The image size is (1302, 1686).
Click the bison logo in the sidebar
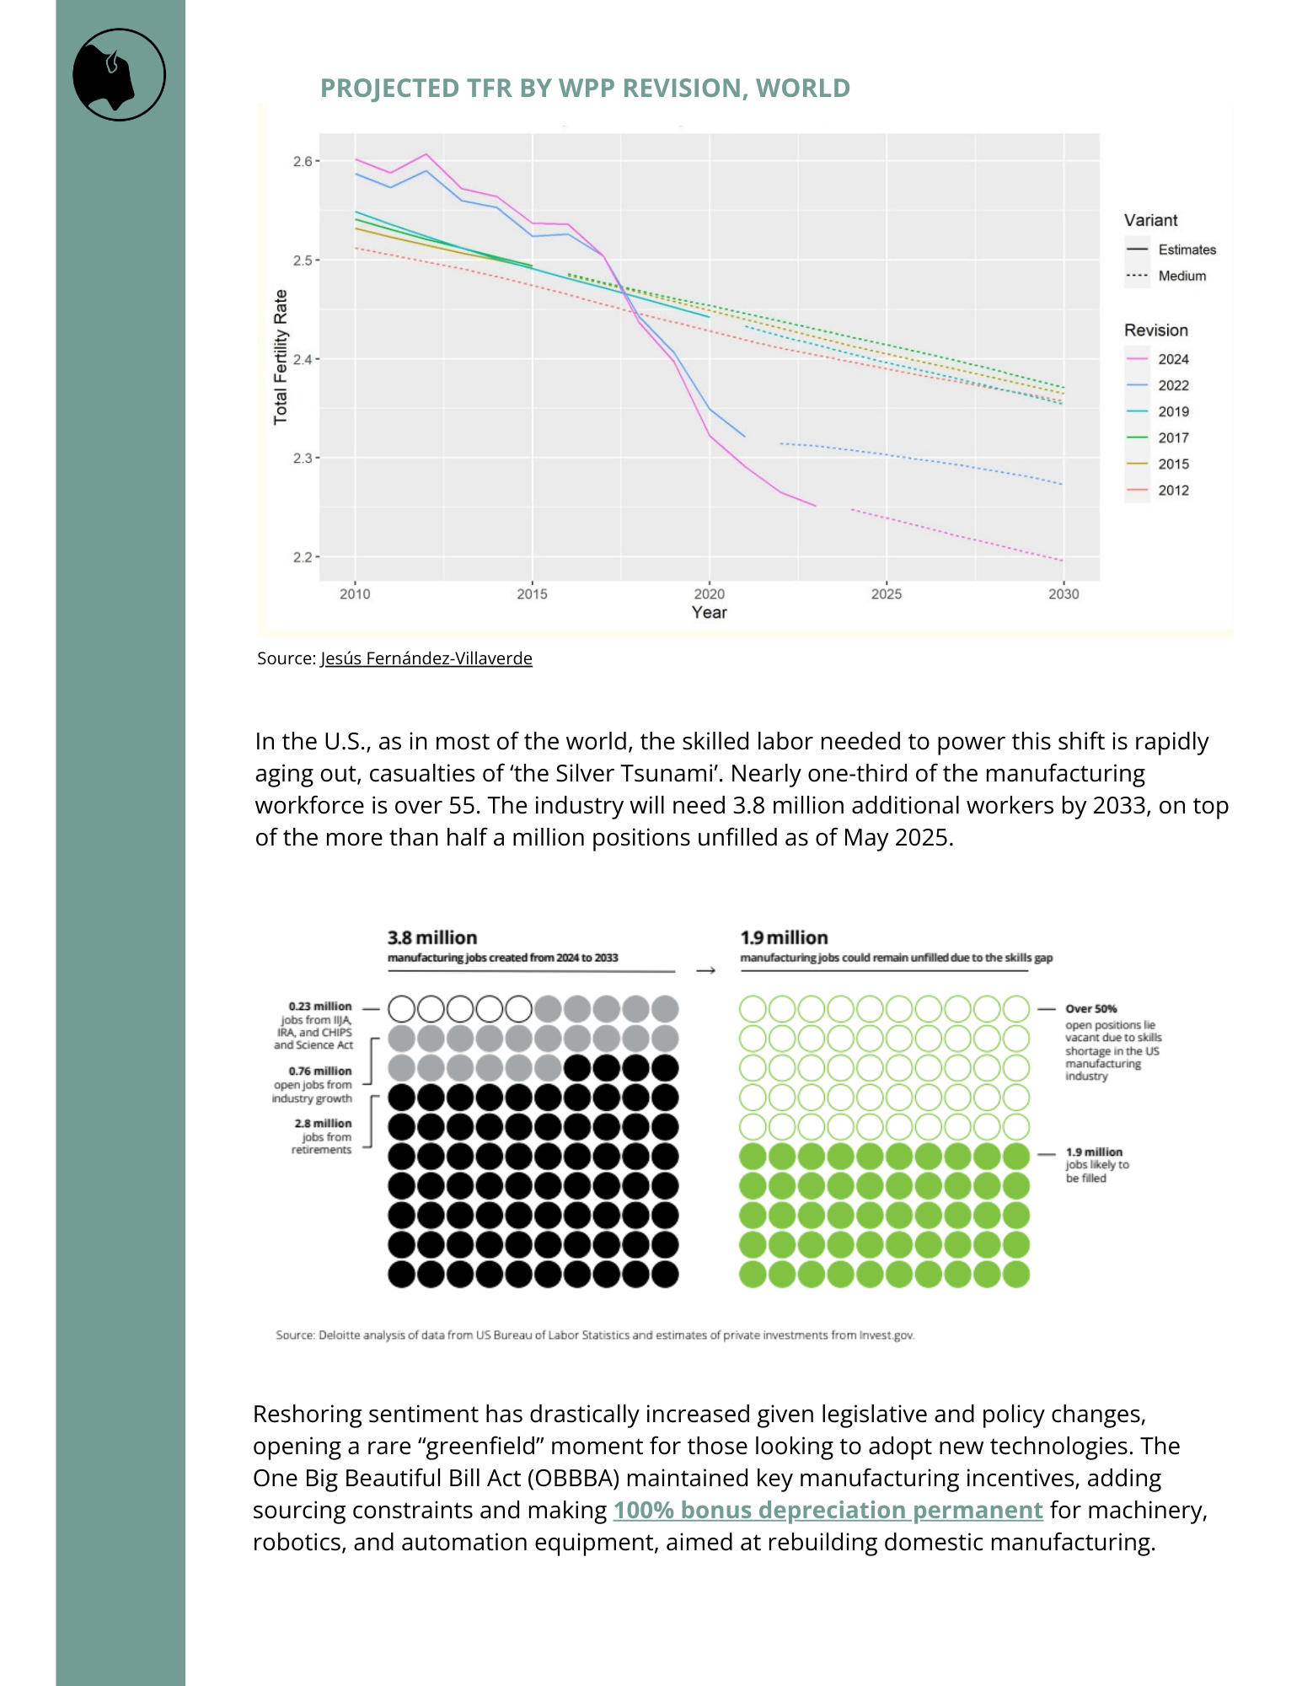coord(119,75)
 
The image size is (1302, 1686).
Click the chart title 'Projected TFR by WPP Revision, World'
coord(585,88)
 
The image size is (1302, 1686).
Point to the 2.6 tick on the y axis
coord(303,161)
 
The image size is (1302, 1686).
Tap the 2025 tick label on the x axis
coord(886,594)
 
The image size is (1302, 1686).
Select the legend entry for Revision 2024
coord(1172,359)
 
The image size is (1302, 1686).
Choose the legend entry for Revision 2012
coord(1172,490)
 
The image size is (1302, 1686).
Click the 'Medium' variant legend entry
coord(1181,276)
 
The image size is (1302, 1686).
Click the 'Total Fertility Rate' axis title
coord(281,357)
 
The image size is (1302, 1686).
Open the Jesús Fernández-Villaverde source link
coord(426,658)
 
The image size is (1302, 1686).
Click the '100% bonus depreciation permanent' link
coord(828,1510)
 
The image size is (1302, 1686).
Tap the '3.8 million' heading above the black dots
coord(432,937)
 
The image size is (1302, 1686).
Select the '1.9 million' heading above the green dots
coord(784,937)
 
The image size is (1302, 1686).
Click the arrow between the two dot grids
coord(706,970)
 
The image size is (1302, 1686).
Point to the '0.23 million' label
coord(320,1006)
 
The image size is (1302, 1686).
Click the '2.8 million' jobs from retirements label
coord(323,1123)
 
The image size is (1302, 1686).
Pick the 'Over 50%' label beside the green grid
coord(1090,1009)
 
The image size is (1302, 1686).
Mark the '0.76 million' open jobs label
coord(320,1071)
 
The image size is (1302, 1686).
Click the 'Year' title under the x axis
coord(709,613)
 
